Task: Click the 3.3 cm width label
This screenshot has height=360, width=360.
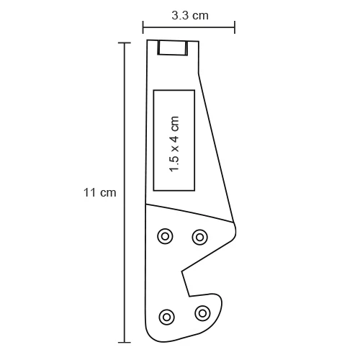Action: tap(190, 14)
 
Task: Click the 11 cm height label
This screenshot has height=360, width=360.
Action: tap(99, 193)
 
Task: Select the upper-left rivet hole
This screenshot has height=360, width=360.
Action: tap(166, 235)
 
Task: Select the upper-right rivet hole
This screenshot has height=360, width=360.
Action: tap(199, 235)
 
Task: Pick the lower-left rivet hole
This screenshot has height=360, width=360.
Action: tap(167, 315)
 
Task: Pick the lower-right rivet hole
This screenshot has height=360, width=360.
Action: tap(202, 312)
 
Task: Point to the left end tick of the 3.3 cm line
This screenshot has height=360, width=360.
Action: tap(143, 28)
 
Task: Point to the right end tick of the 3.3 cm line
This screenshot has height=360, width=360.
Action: tap(235, 28)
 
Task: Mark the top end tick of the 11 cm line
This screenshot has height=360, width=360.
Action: tap(125, 43)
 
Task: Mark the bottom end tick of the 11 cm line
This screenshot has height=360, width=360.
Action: tap(125, 341)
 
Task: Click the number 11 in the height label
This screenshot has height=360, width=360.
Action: tap(89, 193)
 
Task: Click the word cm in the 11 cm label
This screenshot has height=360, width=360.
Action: tap(107, 193)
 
